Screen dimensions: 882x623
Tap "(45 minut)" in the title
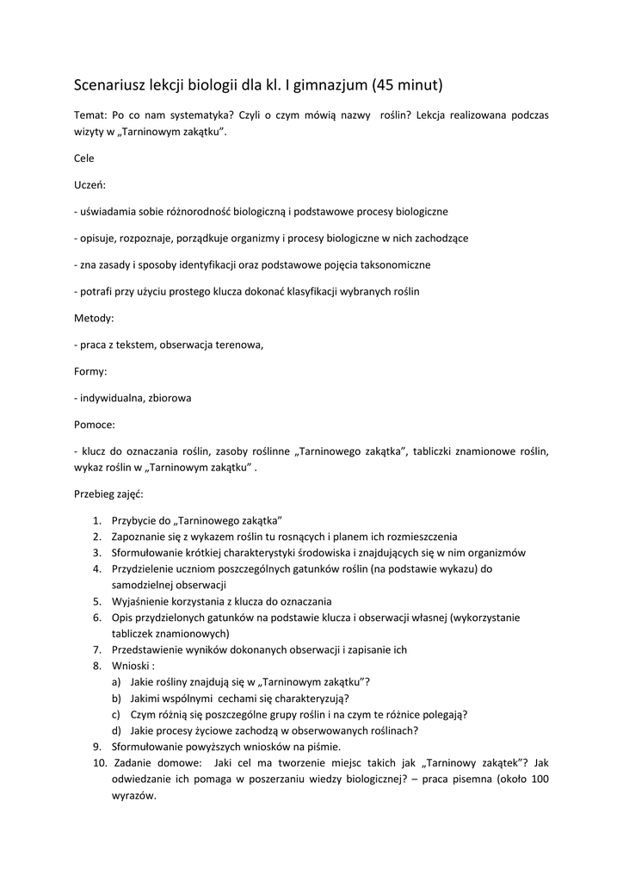tap(407, 85)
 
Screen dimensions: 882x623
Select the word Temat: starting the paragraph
tap(91, 115)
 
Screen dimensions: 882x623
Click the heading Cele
tap(84, 158)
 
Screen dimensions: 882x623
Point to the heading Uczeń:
tap(89, 184)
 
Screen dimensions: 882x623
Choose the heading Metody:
tap(94, 318)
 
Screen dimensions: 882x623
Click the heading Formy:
tap(91, 371)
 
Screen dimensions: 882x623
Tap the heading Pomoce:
tap(95, 425)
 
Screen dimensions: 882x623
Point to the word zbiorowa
tap(170, 398)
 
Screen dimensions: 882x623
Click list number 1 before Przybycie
tap(96, 521)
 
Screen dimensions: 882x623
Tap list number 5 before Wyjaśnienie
tap(96, 601)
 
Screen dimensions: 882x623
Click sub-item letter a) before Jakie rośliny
tap(116, 681)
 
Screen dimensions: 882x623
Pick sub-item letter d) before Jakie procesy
tap(116, 730)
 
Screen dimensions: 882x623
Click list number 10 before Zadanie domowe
tap(98, 763)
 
